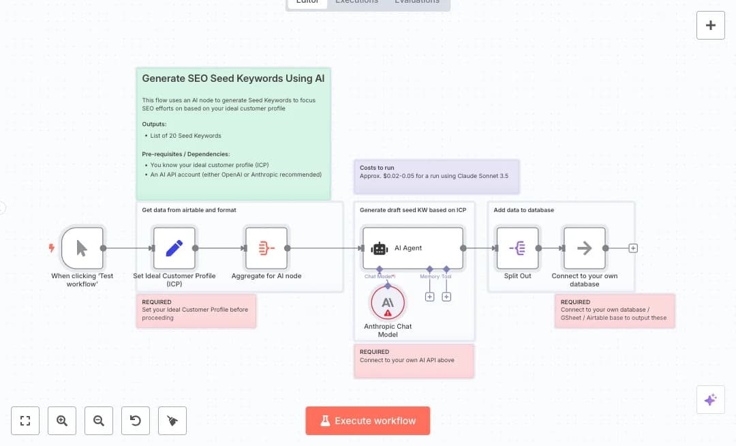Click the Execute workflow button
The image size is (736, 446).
[368, 421]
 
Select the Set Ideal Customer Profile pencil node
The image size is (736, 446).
[174, 248]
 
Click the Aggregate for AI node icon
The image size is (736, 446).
[266, 248]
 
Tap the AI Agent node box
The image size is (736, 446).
[413, 248]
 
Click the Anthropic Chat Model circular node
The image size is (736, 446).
[388, 303]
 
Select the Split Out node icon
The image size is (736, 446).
[517, 248]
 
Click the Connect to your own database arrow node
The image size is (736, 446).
[584, 248]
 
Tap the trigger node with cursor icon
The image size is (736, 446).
[82, 248]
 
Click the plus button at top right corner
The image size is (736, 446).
[710, 25]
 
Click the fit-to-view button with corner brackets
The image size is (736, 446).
[25, 421]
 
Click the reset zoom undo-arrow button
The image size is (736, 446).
[136, 421]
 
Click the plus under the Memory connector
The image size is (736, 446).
[430, 297]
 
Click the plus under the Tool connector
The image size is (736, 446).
[446, 297]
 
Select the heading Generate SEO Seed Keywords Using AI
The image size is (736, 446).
[233, 78]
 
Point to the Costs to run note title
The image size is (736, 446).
[377, 168]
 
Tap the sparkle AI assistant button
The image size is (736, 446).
[710, 400]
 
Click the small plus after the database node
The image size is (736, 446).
[633, 248]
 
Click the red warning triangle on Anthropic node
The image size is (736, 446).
[388, 313]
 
